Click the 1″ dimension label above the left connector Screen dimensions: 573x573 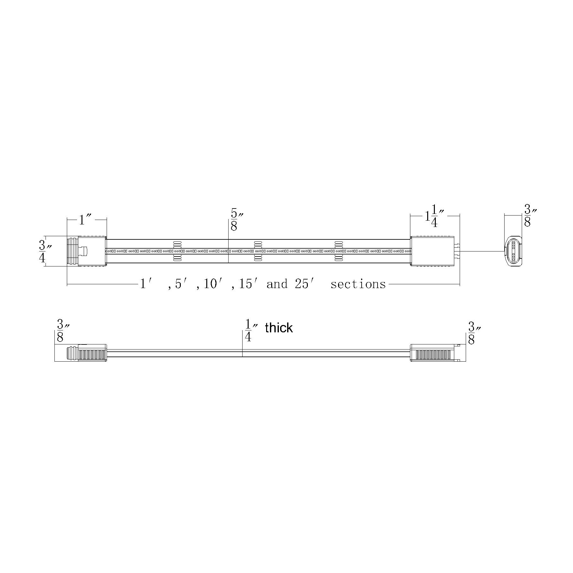coord(85,219)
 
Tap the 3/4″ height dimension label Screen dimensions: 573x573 coord(44,251)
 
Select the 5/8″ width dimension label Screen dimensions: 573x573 coord(236,220)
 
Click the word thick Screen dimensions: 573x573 coord(279,328)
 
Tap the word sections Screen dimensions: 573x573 coord(358,284)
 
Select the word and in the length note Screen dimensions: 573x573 coord(277,284)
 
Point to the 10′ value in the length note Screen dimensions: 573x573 coord(213,284)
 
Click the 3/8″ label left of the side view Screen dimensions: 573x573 coord(62,331)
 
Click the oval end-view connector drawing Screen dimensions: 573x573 coord(513,251)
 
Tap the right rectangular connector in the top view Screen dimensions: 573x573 coord(432,251)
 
